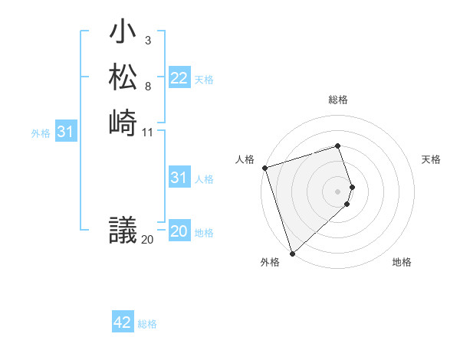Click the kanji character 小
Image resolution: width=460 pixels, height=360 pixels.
[123, 34]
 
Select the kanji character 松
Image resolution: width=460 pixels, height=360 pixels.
[123, 77]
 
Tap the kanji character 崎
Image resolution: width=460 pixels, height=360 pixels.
[123, 122]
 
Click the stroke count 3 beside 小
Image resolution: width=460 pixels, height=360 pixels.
[147, 40]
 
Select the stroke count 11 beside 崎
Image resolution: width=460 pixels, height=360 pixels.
[148, 132]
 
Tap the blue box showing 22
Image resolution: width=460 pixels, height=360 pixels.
[179, 78]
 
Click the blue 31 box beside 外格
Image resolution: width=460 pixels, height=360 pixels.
[65, 133]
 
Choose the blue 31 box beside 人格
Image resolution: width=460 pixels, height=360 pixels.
[179, 178]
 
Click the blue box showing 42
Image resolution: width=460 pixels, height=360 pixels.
[123, 322]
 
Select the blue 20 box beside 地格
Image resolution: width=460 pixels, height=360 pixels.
[179, 231]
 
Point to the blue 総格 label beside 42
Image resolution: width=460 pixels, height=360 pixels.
[147, 324]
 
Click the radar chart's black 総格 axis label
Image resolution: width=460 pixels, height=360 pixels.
[338, 100]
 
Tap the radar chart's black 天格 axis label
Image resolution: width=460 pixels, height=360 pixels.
[431, 159]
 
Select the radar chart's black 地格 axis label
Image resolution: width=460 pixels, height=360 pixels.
[402, 262]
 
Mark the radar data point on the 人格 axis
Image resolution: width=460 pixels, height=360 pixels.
[264, 168]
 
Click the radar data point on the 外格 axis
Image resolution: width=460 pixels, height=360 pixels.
[292, 253]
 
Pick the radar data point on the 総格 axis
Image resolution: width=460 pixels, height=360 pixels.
[338, 146]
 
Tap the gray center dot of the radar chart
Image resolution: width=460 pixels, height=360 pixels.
[338, 191]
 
